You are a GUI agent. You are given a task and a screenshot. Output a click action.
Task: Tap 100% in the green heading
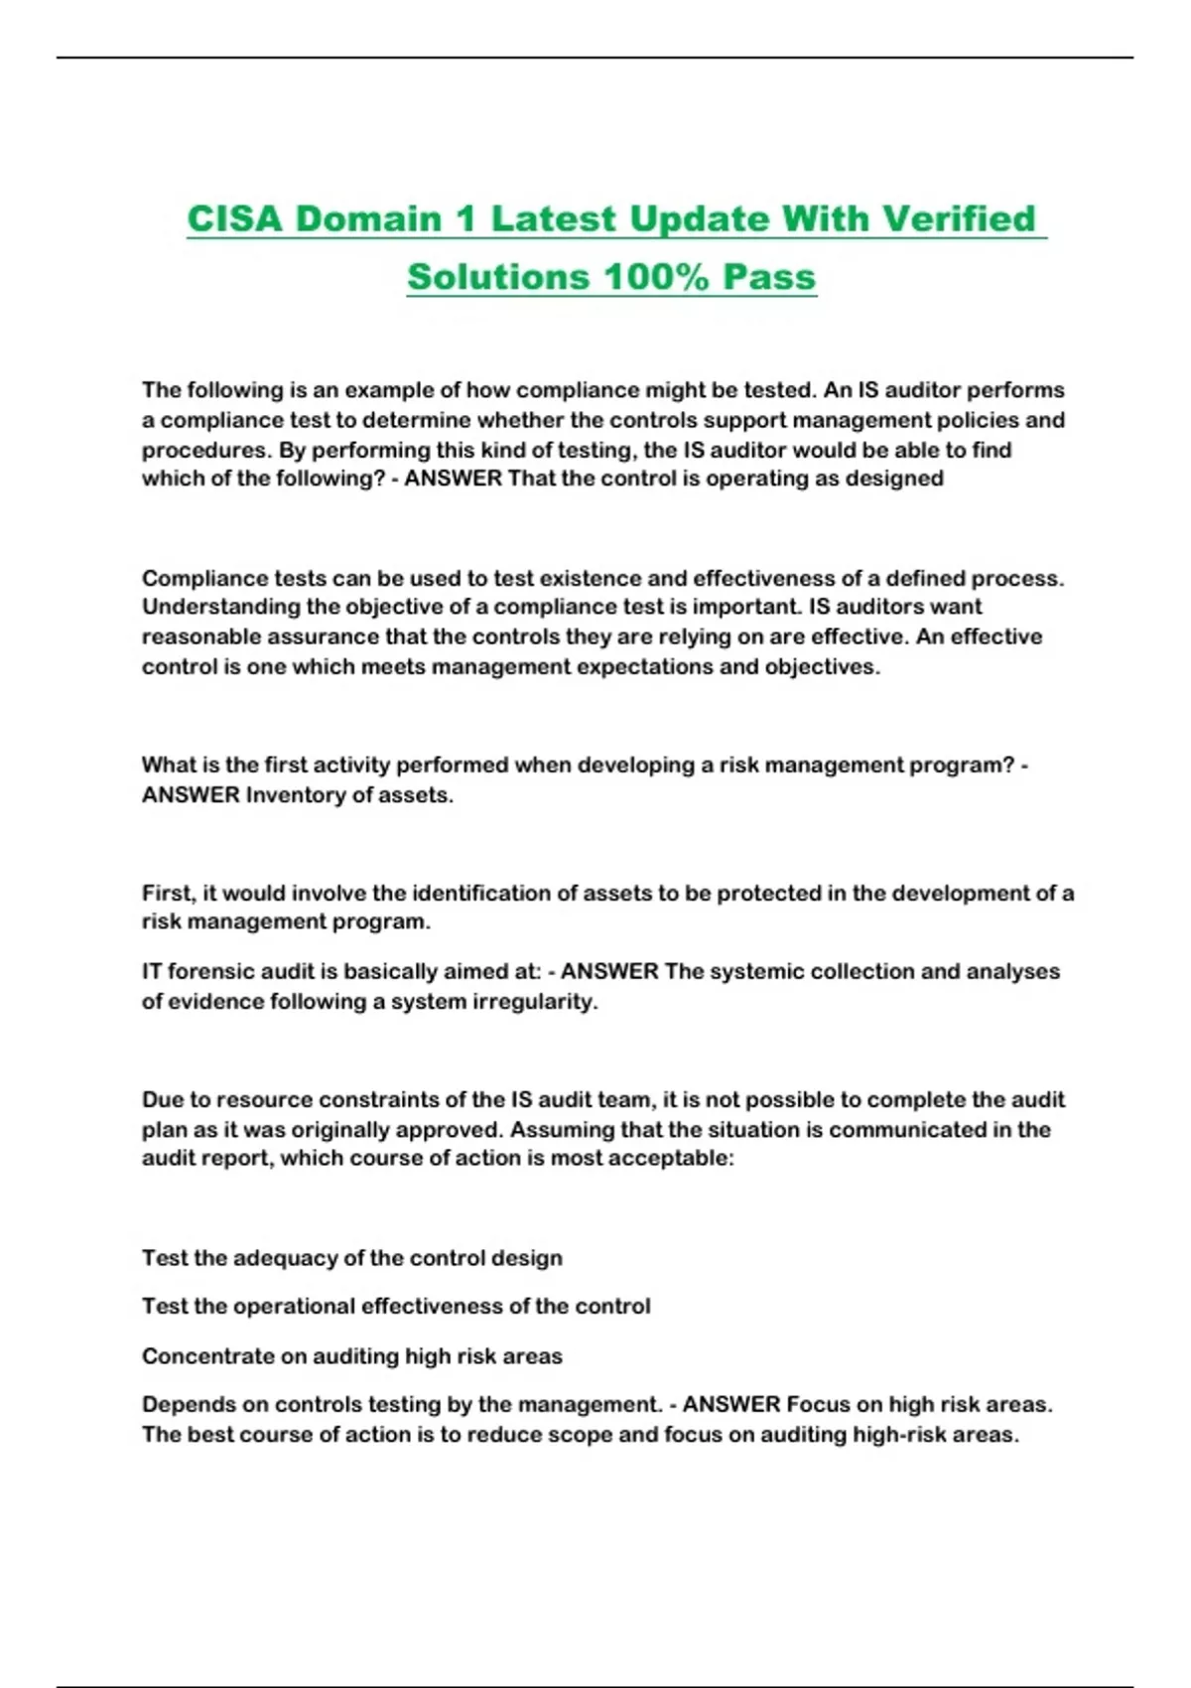pos(654,276)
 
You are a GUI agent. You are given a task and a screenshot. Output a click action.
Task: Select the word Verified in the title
pos(959,218)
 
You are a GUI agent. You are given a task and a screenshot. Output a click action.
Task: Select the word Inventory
pos(294,795)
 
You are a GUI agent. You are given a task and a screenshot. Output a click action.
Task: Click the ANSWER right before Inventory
pos(191,795)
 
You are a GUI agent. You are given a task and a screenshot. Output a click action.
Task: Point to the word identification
pos(480,893)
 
